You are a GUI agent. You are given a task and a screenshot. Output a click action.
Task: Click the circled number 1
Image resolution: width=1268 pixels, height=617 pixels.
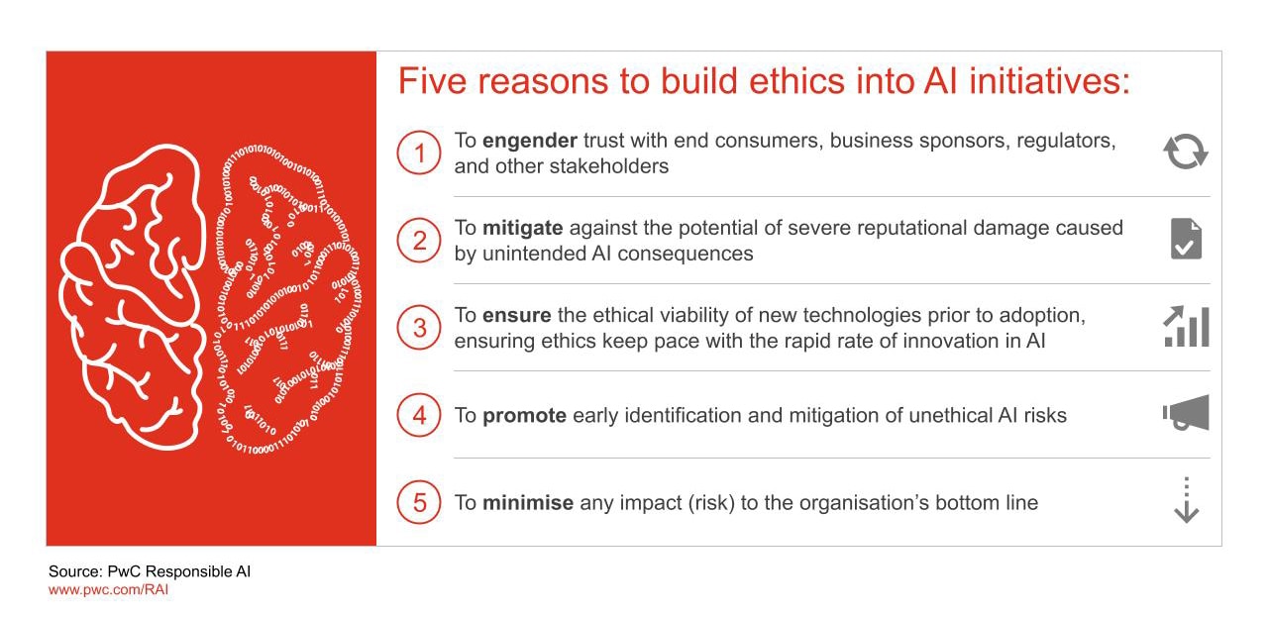pyautogui.click(x=419, y=154)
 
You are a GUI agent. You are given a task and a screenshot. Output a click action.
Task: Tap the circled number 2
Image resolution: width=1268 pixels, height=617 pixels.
pyautogui.click(x=419, y=241)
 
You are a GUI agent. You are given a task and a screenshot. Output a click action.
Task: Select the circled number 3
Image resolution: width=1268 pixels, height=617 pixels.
pyautogui.click(x=419, y=328)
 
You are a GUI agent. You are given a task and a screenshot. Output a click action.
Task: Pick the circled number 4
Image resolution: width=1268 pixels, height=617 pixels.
pyautogui.click(x=419, y=415)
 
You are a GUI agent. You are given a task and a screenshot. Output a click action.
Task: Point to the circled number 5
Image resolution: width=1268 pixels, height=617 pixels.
pyautogui.click(x=419, y=502)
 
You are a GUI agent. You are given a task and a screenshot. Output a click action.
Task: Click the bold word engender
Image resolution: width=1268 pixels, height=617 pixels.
pyautogui.click(x=529, y=142)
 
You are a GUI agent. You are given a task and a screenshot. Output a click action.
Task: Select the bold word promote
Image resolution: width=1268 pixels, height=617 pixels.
pyautogui.click(x=524, y=416)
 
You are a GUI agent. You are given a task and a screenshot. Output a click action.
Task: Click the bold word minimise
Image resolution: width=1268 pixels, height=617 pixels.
pyautogui.click(x=528, y=503)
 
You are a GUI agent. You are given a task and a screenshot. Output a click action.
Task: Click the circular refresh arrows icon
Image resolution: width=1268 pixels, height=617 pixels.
pyautogui.click(x=1186, y=153)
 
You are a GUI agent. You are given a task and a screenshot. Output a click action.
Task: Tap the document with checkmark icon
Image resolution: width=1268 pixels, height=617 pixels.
pyautogui.click(x=1186, y=240)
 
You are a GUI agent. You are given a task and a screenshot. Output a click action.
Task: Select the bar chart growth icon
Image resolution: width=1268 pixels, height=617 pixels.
pyautogui.click(x=1186, y=327)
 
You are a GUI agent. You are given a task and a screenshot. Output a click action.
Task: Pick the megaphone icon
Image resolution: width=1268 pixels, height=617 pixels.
pyautogui.click(x=1186, y=413)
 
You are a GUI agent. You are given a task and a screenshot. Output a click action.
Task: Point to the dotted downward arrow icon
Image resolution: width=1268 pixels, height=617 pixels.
pyautogui.click(x=1186, y=500)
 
